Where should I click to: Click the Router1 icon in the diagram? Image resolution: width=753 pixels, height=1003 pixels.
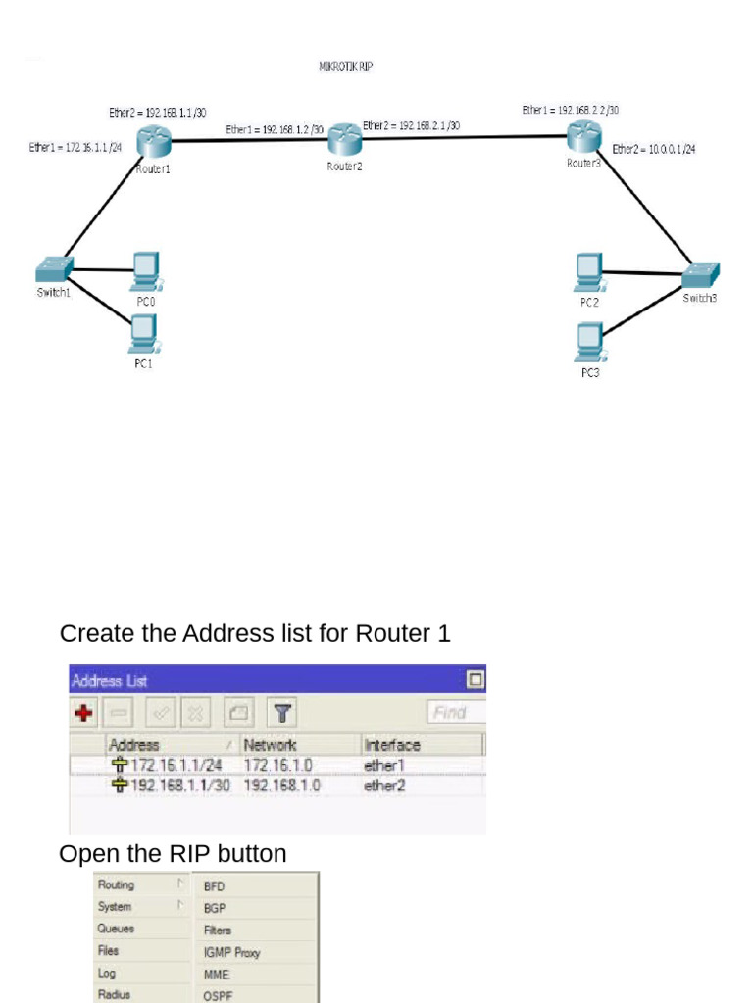coord(154,143)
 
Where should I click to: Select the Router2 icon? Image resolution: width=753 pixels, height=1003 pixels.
coord(344,139)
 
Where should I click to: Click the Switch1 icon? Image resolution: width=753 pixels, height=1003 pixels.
coord(54,268)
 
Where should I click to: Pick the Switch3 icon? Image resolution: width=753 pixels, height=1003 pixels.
coord(700,274)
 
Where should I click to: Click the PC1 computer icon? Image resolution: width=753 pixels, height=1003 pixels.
coord(144,335)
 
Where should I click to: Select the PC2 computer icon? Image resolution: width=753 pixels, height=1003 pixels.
coord(589,271)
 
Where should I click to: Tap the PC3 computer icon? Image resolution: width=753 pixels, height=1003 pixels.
coord(589,342)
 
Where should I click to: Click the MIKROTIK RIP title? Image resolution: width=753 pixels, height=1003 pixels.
coord(345,67)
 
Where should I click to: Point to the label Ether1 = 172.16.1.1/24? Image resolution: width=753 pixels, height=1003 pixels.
coord(75,148)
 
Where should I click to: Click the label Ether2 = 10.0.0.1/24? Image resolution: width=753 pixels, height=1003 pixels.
coord(654,149)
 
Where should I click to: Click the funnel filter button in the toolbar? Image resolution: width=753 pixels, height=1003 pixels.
coord(282,713)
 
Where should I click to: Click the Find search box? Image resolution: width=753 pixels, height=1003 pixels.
coord(455,712)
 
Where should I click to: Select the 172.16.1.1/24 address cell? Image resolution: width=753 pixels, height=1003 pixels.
coord(176,765)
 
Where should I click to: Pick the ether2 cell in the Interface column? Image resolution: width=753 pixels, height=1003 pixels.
coord(384,786)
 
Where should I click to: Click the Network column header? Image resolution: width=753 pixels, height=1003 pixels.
coord(271,745)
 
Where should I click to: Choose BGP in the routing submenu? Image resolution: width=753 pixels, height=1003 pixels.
coord(215,908)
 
